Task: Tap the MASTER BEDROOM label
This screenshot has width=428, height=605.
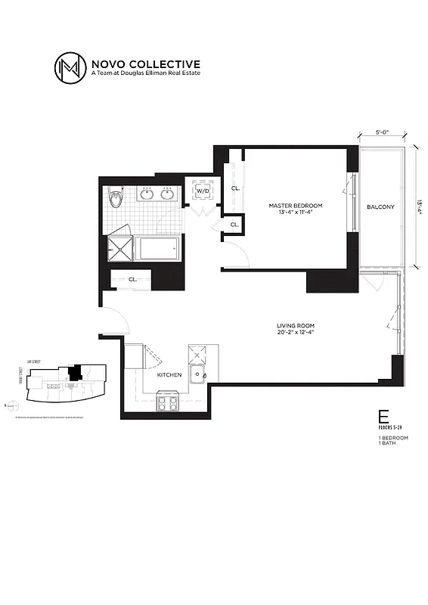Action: coord(296,206)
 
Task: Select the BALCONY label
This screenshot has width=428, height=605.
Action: coord(380,206)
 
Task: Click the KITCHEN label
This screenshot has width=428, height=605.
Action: coord(169,374)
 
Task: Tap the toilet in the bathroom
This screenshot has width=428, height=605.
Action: coord(115,199)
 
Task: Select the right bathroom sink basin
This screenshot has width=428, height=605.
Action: coord(167,195)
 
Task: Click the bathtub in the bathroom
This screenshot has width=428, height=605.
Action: coord(157,248)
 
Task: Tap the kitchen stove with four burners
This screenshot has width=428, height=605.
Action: coord(166,402)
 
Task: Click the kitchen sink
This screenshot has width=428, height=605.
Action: coord(197,374)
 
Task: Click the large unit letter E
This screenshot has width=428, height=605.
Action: coord(383,416)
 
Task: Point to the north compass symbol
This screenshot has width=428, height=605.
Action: coord(7,405)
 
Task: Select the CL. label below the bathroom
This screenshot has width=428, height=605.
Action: coord(132,279)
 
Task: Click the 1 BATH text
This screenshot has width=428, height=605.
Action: coord(387,443)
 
